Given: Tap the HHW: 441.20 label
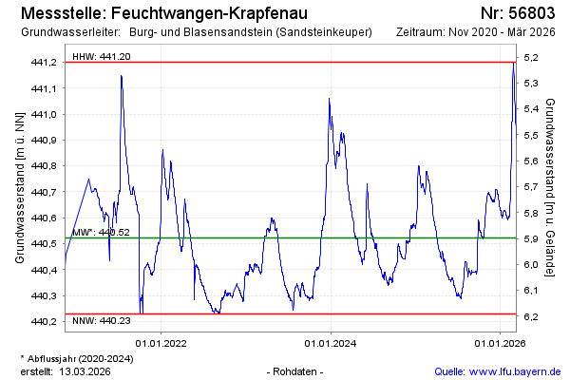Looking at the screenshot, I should tap(102, 57).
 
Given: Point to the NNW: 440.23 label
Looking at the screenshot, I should tap(102, 322).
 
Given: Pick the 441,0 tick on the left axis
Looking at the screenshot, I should tap(45, 114).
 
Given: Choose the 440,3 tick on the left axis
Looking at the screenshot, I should tap(45, 295).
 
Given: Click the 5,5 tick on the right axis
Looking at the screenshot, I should tap(531, 135).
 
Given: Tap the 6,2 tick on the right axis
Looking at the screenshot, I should tap(531, 316).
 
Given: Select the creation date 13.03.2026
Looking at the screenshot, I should tap(85, 370).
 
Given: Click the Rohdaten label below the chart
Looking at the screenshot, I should tap(297, 370).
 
